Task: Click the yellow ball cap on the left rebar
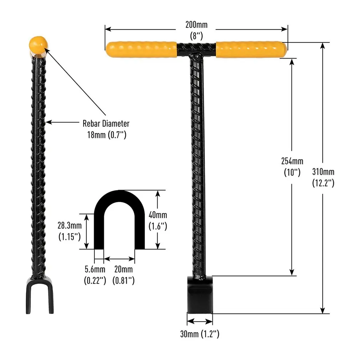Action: coord(38,44)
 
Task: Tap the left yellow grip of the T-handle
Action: coord(141,49)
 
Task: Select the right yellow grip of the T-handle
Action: coord(251,49)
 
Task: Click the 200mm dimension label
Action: coord(196,25)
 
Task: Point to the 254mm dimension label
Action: coord(292,161)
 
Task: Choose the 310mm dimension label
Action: coord(323,172)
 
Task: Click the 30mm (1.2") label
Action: coord(200,334)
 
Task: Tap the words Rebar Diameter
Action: coord(106,124)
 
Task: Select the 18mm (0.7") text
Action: coord(107,135)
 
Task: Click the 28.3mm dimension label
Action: coord(70,226)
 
